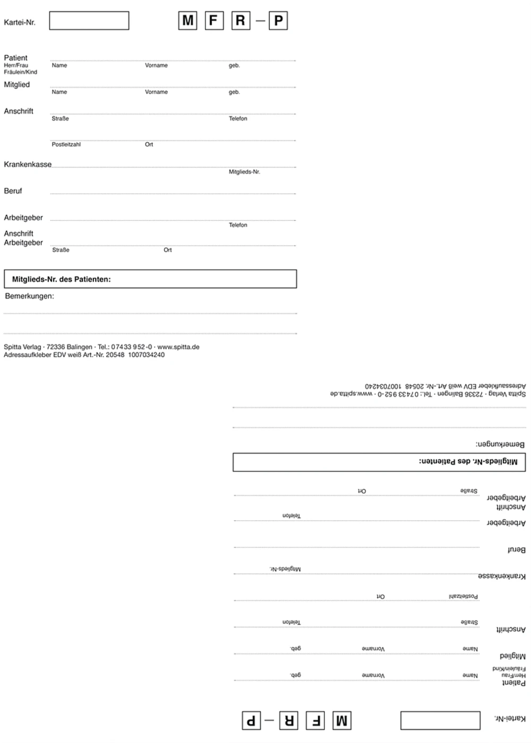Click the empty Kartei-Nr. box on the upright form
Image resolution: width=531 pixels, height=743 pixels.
click(x=89, y=21)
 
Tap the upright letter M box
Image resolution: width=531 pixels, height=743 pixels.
click(x=187, y=21)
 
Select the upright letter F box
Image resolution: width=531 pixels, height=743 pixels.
click(x=214, y=21)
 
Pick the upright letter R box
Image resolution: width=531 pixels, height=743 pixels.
click(x=241, y=21)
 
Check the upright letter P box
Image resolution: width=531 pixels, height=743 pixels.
click(x=278, y=21)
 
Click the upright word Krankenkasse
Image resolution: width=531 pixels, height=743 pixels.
click(x=28, y=165)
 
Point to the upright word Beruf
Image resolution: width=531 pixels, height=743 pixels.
click(x=13, y=191)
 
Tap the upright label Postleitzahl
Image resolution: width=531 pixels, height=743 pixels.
click(x=66, y=144)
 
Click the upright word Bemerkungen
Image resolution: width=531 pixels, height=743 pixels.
click(x=29, y=296)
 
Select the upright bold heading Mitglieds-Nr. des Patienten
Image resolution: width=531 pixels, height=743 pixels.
click(x=62, y=279)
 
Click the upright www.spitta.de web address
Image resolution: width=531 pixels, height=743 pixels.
click(x=178, y=347)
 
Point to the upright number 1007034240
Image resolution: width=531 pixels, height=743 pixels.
click(x=146, y=355)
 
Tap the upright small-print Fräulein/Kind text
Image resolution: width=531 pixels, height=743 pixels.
click(x=21, y=72)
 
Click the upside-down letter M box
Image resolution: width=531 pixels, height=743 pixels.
click(x=342, y=721)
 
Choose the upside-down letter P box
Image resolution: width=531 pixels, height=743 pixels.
click(x=252, y=721)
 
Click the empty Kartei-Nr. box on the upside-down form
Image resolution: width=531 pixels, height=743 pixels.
click(x=440, y=721)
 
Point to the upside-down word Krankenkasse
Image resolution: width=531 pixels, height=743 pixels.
click(x=502, y=576)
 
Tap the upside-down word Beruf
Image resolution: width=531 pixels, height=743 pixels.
click(x=516, y=550)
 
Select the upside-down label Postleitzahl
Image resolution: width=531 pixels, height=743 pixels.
click(x=463, y=597)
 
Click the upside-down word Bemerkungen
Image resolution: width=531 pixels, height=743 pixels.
click(x=500, y=444)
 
